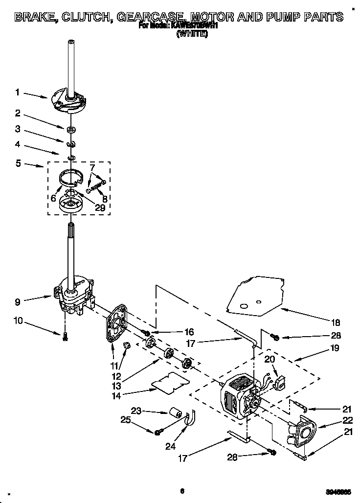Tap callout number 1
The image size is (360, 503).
pos(17,92)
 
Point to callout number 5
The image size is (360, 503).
pos(17,163)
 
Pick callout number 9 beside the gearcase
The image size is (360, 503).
pos(17,302)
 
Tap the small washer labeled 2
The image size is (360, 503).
pos(71,130)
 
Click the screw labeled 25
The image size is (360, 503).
pos(158,432)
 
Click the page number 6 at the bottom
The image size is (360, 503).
pos(181,491)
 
